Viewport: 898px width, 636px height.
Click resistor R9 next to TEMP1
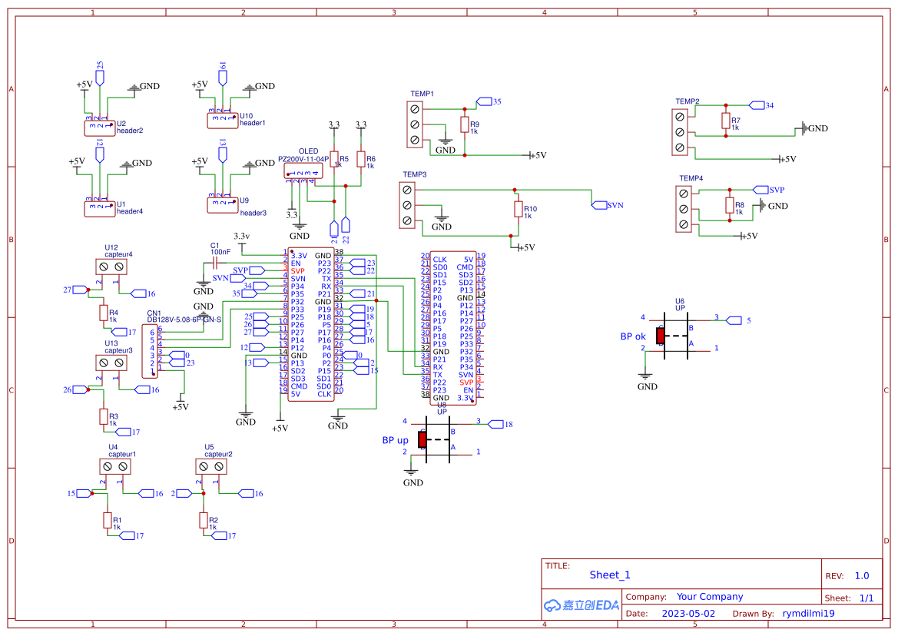click(463, 124)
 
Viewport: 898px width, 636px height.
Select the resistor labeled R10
click(517, 210)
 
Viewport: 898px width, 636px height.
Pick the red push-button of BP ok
click(660, 336)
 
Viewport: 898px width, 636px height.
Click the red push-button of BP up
click(422, 439)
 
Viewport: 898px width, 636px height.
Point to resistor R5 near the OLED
click(333, 159)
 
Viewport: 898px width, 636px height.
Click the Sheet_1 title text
click(609, 575)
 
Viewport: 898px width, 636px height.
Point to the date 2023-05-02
click(688, 614)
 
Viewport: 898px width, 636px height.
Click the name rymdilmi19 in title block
click(808, 614)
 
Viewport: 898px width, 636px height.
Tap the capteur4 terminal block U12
click(111, 267)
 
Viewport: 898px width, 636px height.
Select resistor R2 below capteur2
click(204, 521)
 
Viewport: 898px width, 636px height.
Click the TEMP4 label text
click(691, 178)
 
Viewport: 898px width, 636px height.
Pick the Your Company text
click(709, 597)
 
